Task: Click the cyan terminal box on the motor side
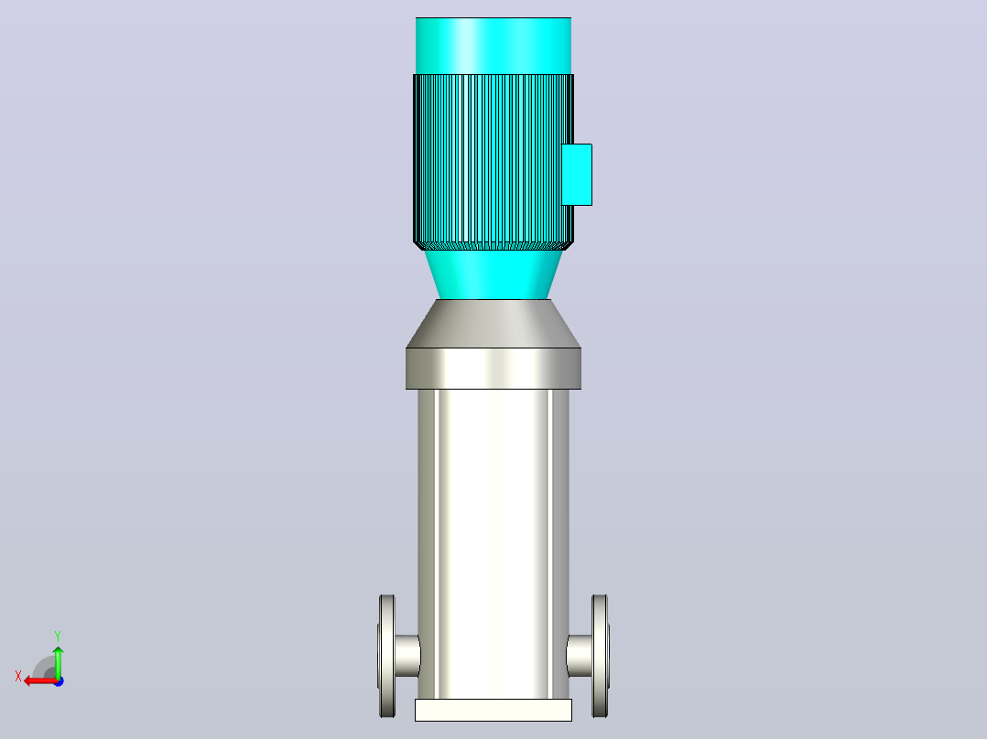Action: (x=577, y=174)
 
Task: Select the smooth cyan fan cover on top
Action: (x=493, y=46)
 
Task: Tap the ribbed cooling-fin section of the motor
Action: (x=493, y=158)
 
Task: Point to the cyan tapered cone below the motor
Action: (x=493, y=275)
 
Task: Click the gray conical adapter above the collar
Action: (x=493, y=323)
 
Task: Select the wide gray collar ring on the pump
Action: (x=493, y=369)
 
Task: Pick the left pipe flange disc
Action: (x=386, y=656)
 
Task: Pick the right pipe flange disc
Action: (x=601, y=656)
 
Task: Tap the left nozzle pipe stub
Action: (x=407, y=656)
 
